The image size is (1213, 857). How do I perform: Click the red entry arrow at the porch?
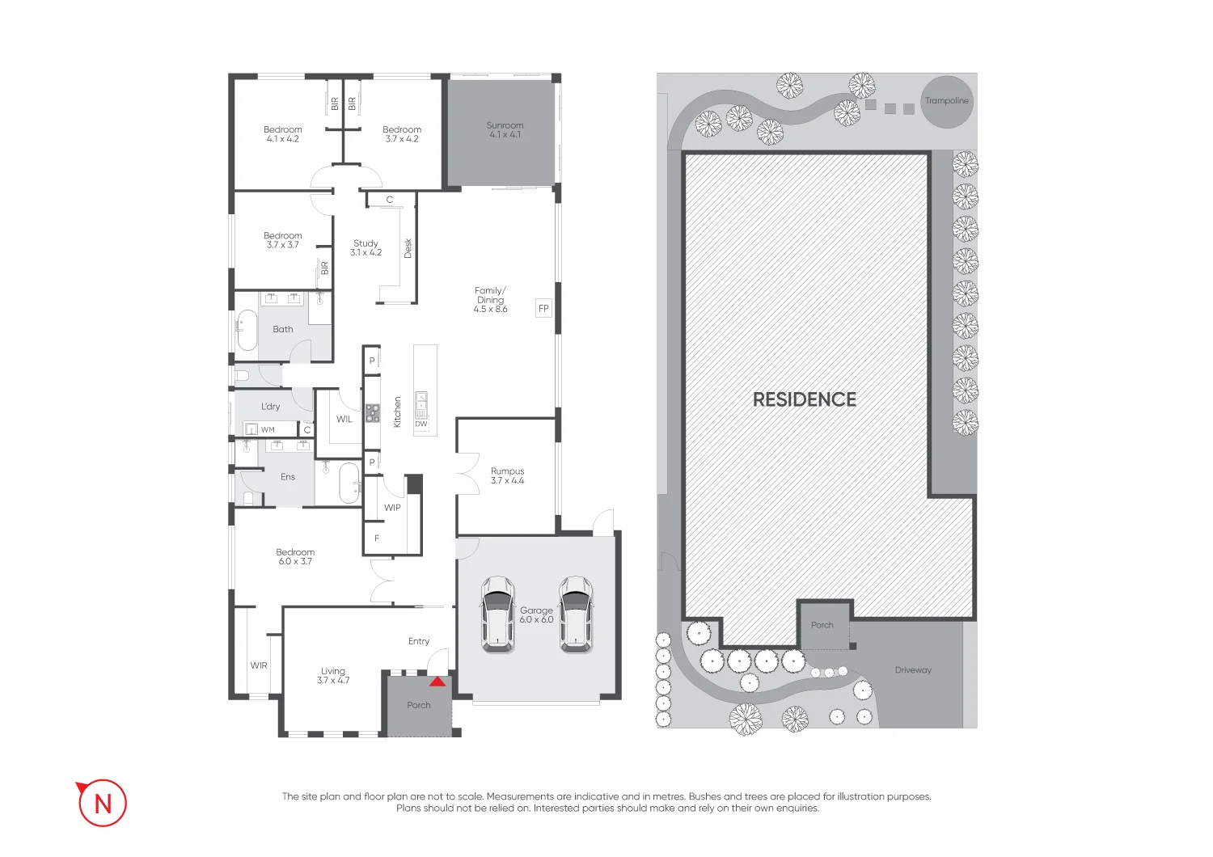click(437, 682)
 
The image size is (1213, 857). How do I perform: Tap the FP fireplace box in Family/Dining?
click(543, 308)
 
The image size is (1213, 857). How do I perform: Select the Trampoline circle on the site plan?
click(947, 102)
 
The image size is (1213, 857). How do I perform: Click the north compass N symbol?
click(103, 803)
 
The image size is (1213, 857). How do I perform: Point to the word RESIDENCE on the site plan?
click(804, 399)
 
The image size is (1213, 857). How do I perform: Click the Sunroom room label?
click(505, 125)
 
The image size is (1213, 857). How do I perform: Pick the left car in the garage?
click(497, 614)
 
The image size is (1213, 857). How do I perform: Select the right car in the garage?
click(576, 614)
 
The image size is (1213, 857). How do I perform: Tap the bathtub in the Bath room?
click(247, 330)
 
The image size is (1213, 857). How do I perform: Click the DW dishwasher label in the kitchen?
click(421, 424)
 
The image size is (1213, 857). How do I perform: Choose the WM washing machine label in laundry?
click(268, 430)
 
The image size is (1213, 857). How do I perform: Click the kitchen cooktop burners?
click(373, 413)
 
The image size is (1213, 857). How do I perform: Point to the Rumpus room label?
click(507, 471)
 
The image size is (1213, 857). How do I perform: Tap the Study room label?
click(366, 243)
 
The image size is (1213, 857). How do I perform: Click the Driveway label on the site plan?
click(913, 669)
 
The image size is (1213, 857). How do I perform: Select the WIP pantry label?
click(392, 508)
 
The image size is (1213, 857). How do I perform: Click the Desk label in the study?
click(408, 248)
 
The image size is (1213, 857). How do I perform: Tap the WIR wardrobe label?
click(259, 665)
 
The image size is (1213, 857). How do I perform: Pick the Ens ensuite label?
click(288, 476)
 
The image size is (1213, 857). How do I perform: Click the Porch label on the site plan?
click(822, 625)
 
